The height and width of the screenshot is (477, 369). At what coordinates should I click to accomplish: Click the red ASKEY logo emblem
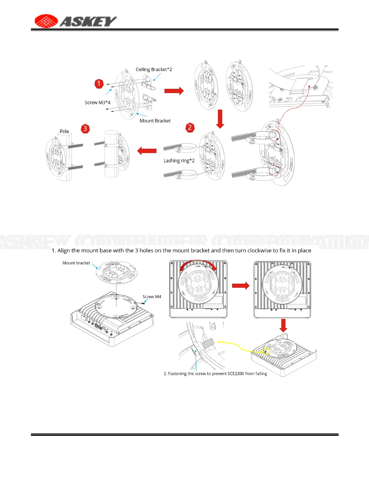tap(46, 21)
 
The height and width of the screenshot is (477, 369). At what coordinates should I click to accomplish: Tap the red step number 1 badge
tap(99, 83)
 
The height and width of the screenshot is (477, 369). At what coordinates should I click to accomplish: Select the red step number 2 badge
tap(190, 127)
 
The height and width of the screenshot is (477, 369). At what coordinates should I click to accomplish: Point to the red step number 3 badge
tap(85, 129)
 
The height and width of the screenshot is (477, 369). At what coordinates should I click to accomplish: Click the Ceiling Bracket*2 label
tap(154, 70)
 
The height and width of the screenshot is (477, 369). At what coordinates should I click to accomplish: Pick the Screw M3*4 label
tap(97, 103)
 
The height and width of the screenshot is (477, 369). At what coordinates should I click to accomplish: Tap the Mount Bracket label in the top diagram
tap(155, 121)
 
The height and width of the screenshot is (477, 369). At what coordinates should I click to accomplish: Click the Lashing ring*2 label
tap(179, 161)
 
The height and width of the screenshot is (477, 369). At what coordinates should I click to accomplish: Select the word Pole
tap(64, 131)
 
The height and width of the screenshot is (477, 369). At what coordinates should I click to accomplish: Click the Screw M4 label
tap(152, 297)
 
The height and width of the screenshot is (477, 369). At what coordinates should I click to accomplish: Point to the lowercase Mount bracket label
tap(76, 263)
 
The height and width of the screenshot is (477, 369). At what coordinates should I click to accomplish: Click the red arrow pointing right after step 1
tap(174, 91)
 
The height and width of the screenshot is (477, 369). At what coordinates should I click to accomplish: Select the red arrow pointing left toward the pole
tap(147, 151)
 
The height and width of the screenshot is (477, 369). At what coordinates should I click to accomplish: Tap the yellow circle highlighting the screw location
tap(266, 351)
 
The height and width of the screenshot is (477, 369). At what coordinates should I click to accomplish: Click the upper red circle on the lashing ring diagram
tap(274, 135)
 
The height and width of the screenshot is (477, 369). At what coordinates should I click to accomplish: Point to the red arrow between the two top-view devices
tap(241, 285)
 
